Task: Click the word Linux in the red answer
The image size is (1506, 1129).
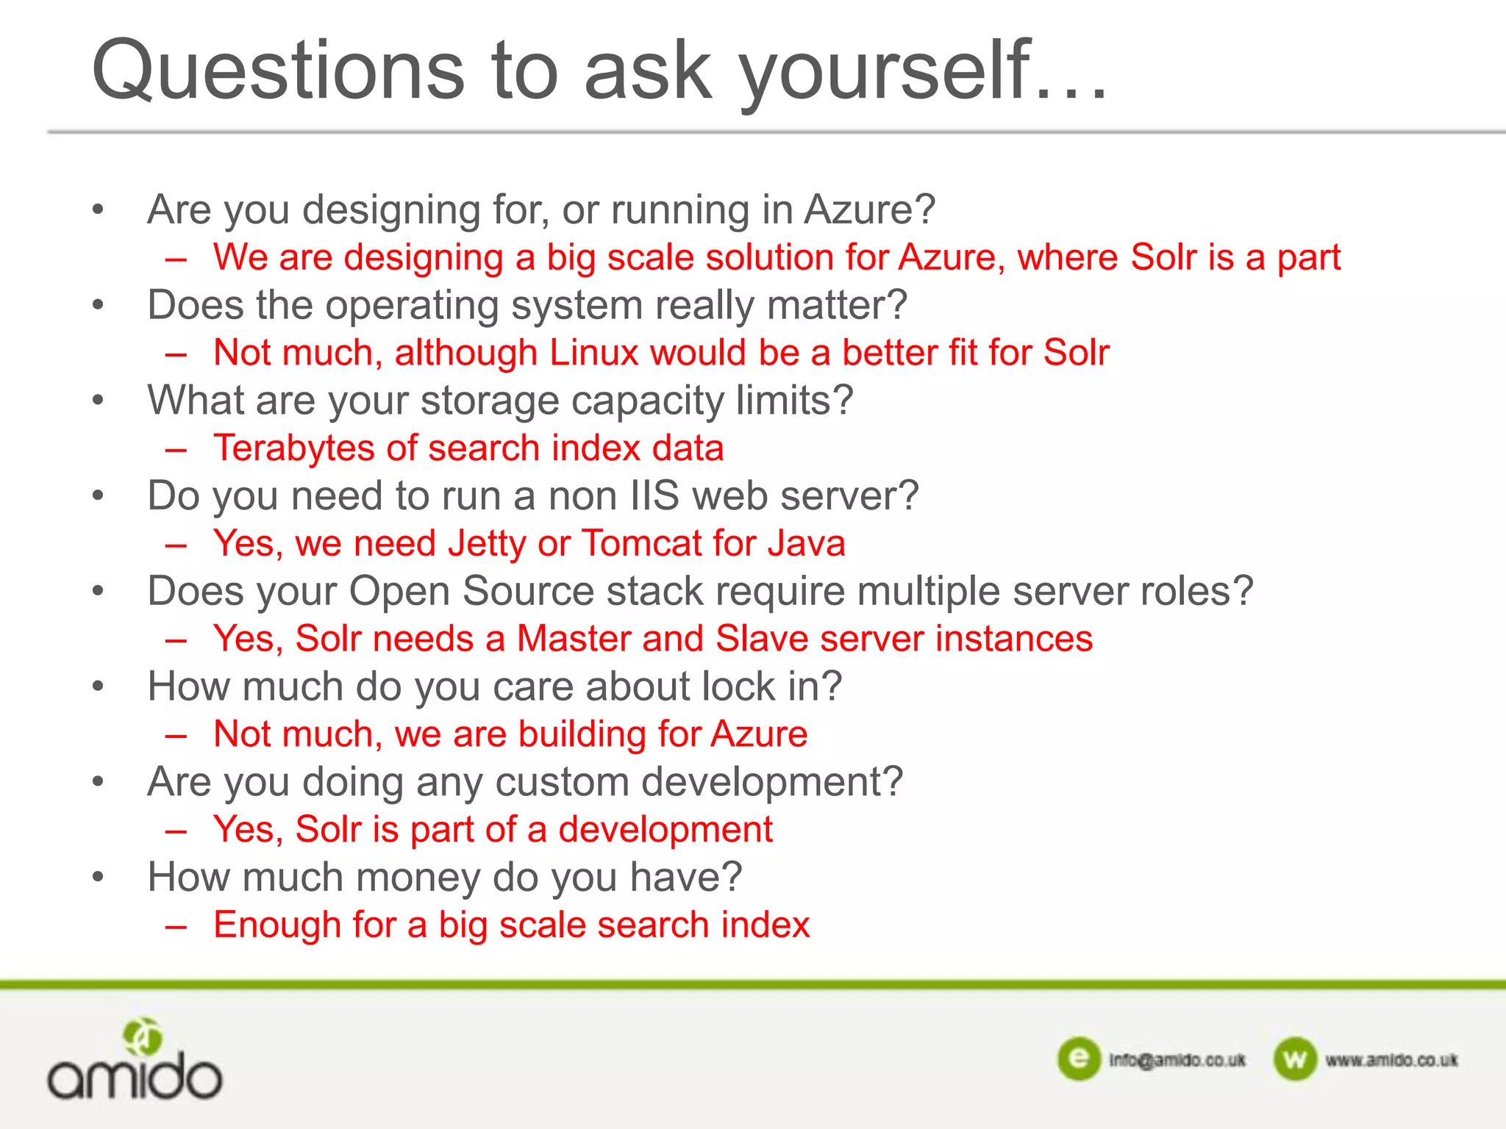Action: pyautogui.click(x=593, y=353)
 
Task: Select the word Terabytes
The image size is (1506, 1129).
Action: pyautogui.click(x=293, y=448)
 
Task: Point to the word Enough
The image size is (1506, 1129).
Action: pyautogui.click(x=276, y=925)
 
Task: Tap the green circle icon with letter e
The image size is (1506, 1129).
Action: pyautogui.click(x=1079, y=1059)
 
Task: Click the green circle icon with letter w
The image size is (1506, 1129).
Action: pyautogui.click(x=1295, y=1059)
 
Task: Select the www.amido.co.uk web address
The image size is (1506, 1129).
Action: pyautogui.click(x=1391, y=1061)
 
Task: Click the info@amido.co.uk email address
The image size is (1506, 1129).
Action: pyautogui.click(x=1177, y=1061)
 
